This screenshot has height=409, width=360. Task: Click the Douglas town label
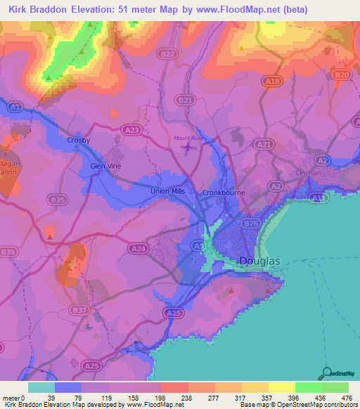click(x=260, y=261)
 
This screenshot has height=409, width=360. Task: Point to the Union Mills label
click(x=167, y=191)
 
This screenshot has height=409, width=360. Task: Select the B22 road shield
click(x=167, y=53)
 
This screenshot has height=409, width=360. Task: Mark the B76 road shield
click(x=251, y=223)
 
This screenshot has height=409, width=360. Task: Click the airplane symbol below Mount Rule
click(x=187, y=148)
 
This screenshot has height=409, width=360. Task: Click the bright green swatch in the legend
click(x=308, y=387)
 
